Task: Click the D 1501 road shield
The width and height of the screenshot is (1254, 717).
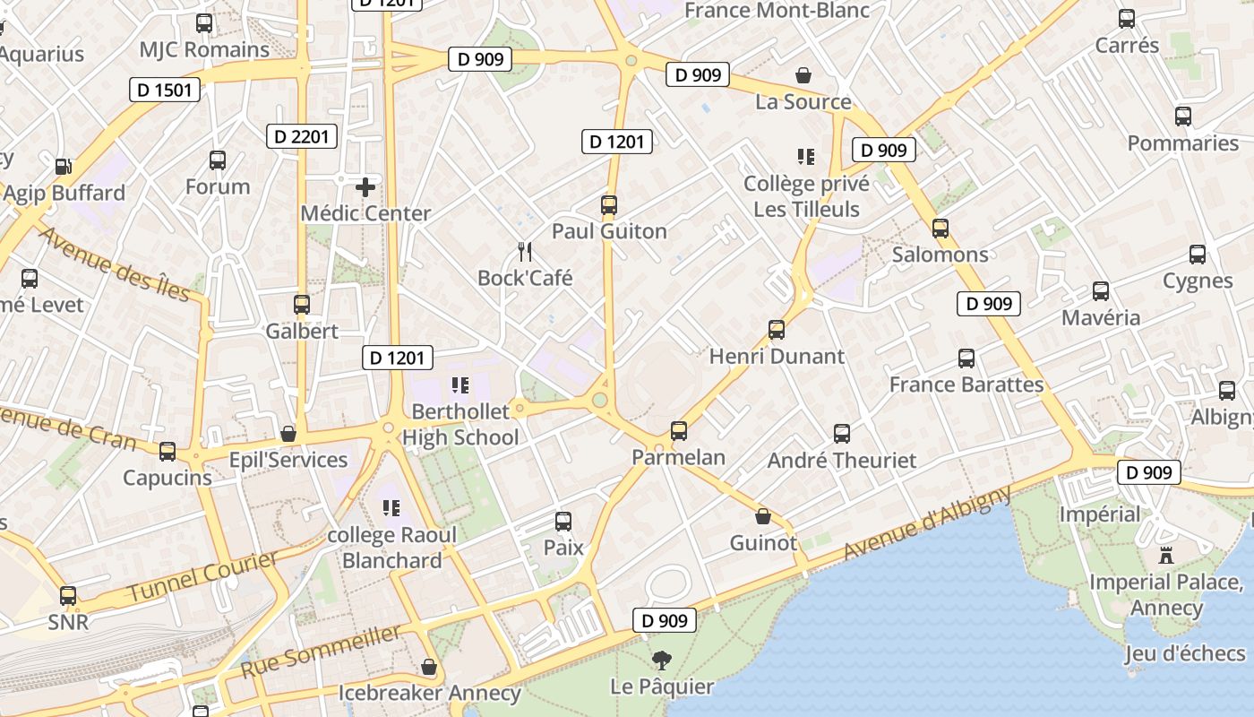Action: coord(165,90)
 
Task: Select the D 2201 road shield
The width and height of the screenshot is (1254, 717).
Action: coord(302,136)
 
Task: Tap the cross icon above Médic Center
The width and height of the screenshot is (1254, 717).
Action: coord(365,187)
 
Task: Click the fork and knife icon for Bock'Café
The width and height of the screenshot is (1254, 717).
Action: coord(525,252)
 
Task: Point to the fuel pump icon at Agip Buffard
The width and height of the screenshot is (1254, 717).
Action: coord(63,167)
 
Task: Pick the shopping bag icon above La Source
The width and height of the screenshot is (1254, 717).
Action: coord(803,75)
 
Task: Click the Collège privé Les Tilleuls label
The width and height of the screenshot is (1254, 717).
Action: coord(806,196)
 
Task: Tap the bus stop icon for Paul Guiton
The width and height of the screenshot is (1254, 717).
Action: coord(609,205)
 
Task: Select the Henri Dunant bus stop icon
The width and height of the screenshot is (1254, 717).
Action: coord(777,330)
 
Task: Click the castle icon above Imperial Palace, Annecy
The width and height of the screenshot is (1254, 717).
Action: coord(1165,556)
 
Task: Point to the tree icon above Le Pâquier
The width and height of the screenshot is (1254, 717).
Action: coord(662,661)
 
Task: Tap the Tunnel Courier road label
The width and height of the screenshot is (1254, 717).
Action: coord(202,577)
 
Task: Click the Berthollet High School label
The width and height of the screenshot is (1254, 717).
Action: coord(460,425)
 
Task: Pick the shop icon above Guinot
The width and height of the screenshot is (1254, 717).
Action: coord(763,516)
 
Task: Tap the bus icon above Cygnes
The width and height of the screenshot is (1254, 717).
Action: coord(1198,255)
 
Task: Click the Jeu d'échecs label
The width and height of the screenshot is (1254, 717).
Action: coord(1184,653)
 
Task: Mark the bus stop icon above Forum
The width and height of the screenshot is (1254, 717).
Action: coord(218,160)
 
